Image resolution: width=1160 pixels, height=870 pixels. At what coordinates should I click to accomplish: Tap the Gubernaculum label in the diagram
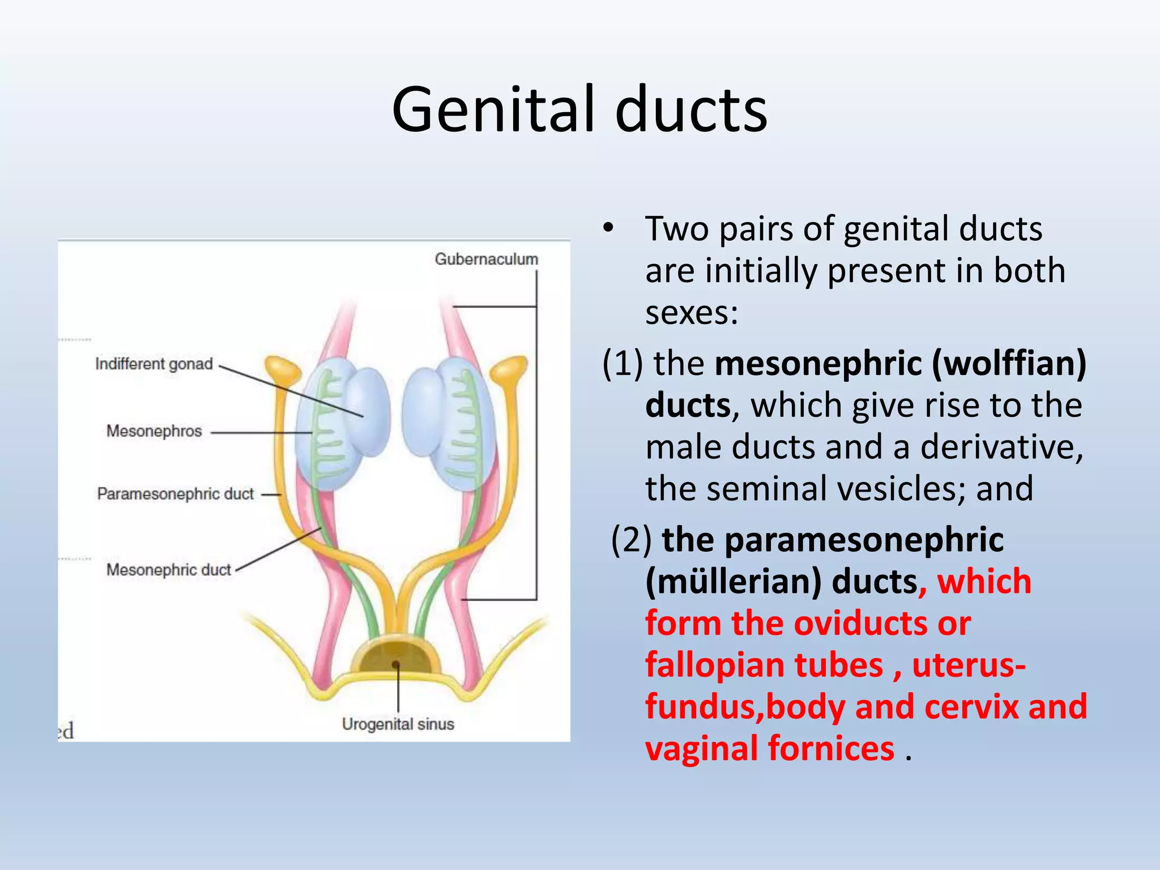tap(486, 259)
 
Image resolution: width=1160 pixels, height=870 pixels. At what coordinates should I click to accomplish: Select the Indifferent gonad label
tap(153, 364)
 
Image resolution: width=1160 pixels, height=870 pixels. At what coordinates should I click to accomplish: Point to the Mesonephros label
tap(153, 432)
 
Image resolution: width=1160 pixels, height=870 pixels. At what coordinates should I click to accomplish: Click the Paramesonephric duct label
tap(175, 494)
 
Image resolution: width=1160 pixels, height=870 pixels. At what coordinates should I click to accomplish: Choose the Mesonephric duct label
tap(168, 570)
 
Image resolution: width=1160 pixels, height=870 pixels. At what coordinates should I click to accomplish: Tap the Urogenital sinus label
tap(398, 724)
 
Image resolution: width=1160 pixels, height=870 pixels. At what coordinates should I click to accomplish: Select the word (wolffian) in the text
tap(1009, 363)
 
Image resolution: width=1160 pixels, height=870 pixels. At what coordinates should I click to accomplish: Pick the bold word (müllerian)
tap(733, 582)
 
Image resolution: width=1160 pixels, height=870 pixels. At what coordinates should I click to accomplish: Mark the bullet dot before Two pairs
tap(608, 229)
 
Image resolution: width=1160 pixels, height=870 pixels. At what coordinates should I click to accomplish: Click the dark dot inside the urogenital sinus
tap(396, 664)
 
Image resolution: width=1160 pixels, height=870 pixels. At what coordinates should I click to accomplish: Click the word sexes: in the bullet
tap(692, 313)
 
